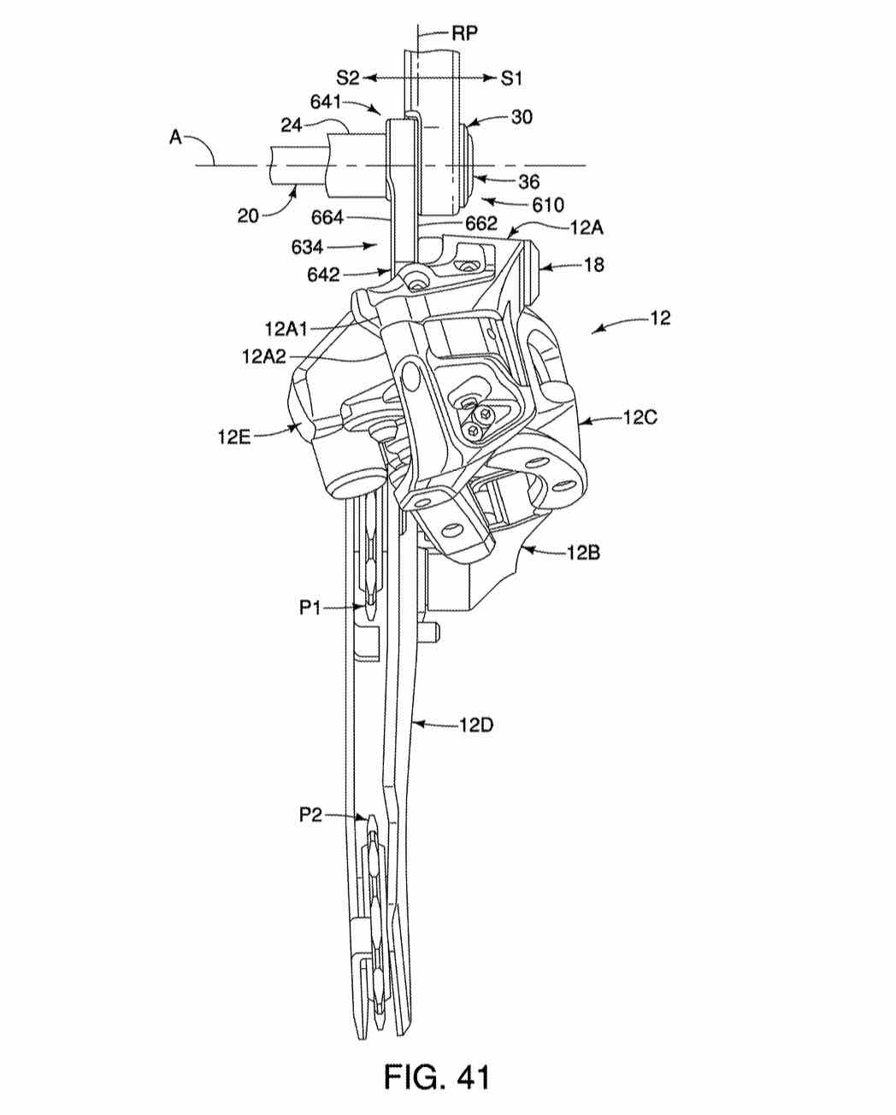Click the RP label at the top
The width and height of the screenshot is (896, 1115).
464,33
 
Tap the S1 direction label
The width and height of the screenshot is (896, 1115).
511,79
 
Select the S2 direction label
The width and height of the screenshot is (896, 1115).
348,79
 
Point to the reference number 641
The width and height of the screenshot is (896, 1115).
326,102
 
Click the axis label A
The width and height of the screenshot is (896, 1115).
176,138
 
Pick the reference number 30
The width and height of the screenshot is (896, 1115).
522,117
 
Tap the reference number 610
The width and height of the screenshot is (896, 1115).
547,205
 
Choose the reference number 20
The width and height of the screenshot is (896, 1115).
248,215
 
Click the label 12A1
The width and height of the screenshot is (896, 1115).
286,328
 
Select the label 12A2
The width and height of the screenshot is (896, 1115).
264,356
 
